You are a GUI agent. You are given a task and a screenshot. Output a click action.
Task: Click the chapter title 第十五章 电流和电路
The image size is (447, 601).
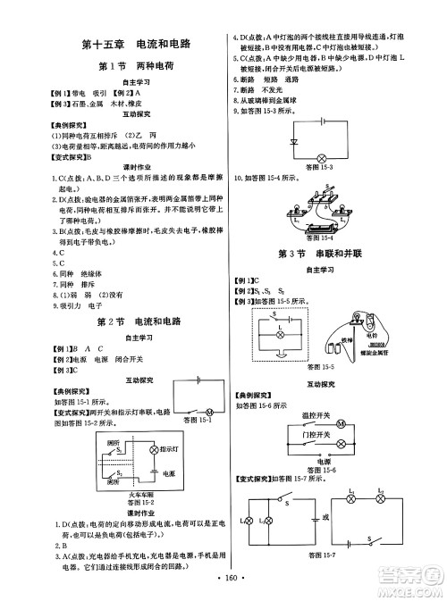(134, 43)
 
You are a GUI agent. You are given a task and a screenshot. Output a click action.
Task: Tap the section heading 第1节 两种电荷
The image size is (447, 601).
(134, 67)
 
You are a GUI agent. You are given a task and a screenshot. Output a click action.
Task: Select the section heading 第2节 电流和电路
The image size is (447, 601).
(134, 321)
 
